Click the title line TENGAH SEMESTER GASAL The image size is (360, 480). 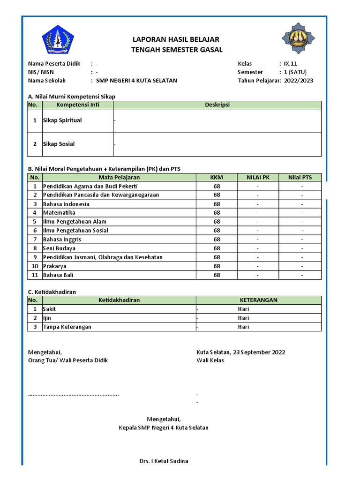[177, 50]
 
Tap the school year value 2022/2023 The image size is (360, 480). [299, 81]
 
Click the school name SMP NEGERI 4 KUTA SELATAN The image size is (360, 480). [136, 81]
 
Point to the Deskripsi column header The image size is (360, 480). [217, 105]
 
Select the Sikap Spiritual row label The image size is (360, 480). [62, 120]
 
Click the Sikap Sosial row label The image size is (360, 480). [59, 144]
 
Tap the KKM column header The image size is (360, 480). [217, 177]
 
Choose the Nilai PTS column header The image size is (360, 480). [300, 177]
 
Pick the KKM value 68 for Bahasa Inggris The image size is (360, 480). [217, 240]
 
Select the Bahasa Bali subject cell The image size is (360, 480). [58, 275]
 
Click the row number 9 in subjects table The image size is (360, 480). [34, 257]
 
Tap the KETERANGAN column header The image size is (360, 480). [258, 300]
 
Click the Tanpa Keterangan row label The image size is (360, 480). [67, 327]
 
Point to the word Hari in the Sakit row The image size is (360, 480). [243, 309]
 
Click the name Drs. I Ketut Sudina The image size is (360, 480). [164, 461]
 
